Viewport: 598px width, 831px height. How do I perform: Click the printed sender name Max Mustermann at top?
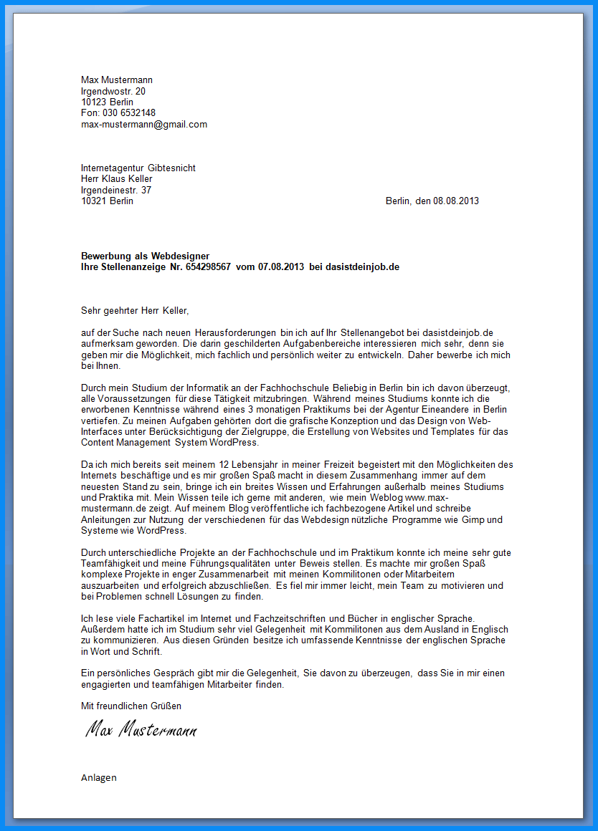tap(117, 80)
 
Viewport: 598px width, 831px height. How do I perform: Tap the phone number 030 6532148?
tap(129, 113)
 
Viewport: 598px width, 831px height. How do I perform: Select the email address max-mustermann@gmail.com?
tap(144, 124)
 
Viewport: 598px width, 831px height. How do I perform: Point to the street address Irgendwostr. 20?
tap(113, 91)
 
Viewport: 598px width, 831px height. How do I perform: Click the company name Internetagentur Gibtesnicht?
tap(138, 168)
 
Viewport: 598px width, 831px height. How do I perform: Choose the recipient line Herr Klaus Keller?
tap(117, 179)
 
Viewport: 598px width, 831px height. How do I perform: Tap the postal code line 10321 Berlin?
tap(107, 201)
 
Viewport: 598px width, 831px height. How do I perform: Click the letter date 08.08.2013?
tap(456, 201)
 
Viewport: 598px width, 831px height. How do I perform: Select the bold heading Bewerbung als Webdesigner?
tap(146, 256)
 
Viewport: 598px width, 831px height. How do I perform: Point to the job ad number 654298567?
tap(208, 266)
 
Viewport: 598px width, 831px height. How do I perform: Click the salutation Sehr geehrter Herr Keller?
tap(135, 311)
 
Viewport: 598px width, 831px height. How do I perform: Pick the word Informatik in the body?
tap(202, 388)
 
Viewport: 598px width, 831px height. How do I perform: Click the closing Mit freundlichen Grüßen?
tap(131, 706)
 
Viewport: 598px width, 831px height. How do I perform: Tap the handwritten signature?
tap(141, 730)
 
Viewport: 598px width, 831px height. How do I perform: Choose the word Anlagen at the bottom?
tap(99, 777)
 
